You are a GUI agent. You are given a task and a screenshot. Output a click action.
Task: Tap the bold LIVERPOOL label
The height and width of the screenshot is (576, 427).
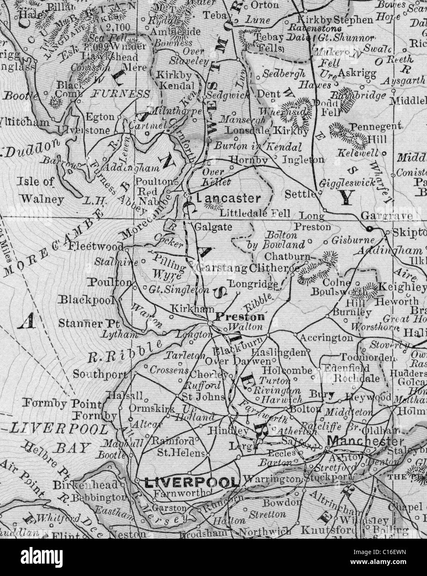coord(192,482)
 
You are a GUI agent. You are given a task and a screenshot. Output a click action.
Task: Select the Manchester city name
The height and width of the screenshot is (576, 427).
coord(365,441)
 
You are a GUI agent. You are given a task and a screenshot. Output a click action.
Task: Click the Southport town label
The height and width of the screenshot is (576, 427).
coord(100,374)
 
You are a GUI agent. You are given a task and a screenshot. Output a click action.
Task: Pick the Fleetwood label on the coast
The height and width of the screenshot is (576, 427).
coord(97,246)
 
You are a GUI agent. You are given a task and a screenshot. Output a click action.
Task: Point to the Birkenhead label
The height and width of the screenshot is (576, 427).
coord(85,485)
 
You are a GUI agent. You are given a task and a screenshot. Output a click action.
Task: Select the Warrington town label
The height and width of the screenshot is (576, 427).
coord(272,479)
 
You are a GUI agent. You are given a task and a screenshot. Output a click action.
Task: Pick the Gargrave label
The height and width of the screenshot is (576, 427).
coord(386,215)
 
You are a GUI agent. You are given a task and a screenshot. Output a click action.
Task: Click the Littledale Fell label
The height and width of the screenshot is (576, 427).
coord(255,214)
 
